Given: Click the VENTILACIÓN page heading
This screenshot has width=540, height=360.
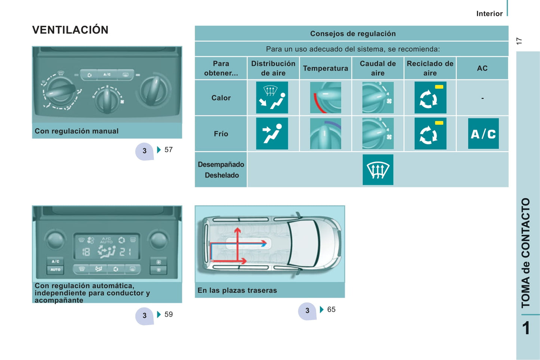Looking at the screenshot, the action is tap(70, 30).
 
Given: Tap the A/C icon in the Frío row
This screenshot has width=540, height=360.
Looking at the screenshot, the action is tap(483, 133).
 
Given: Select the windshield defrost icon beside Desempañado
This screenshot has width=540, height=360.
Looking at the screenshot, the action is tap(378, 170).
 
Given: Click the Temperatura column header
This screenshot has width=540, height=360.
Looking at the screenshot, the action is tap(325, 68).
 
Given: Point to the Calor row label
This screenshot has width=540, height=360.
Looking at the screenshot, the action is tap(221, 97).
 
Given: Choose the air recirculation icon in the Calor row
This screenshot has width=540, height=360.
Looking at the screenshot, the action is tap(430, 97).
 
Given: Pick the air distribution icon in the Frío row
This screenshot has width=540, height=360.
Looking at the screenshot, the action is tap(272, 133).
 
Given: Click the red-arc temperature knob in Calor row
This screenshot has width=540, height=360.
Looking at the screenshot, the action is tap(325, 97).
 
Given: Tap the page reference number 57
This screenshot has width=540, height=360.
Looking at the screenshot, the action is tap(169, 150).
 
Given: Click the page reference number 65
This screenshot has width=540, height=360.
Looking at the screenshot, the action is tap(331, 309).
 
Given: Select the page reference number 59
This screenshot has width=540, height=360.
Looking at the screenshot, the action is tap(169, 314).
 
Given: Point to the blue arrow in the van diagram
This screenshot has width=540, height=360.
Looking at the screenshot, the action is tap(239, 244).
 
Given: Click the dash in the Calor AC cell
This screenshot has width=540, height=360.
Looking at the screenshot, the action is tap(482, 98).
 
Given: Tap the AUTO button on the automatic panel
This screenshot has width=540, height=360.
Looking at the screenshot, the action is tap(55, 270).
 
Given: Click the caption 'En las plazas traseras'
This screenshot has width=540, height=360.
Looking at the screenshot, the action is tap(237, 291).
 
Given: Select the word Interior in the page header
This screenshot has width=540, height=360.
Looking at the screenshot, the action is tap(490, 13).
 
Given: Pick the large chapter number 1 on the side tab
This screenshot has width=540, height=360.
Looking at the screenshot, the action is tap(526, 328).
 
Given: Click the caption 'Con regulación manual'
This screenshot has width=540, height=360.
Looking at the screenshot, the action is tap(76, 131).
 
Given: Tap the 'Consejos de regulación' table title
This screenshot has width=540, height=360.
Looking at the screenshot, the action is tap(353, 34).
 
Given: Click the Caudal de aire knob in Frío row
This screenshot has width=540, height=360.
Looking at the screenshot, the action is tap(378, 133).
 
